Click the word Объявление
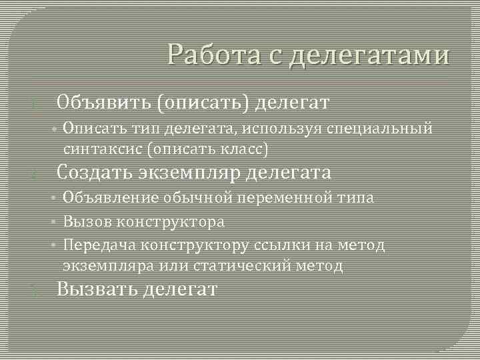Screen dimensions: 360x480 [x=111, y=198]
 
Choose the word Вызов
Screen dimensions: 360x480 [x=83, y=222]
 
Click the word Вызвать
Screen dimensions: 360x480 [x=97, y=289]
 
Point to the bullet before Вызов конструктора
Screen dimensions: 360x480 [x=53, y=222]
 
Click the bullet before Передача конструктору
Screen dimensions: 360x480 [x=53, y=246]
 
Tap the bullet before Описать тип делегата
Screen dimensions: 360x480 [x=53, y=128]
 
